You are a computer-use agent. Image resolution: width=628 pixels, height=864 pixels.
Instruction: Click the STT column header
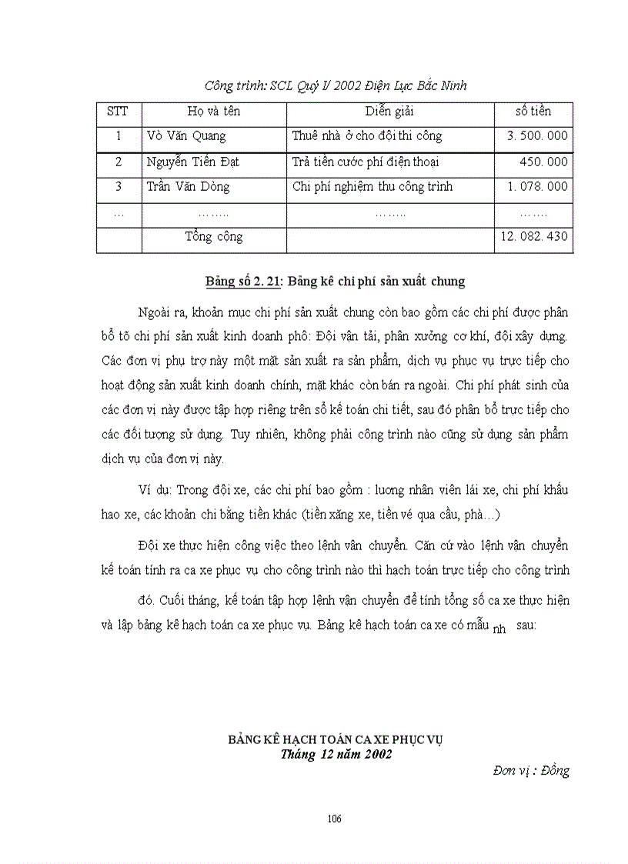(118, 112)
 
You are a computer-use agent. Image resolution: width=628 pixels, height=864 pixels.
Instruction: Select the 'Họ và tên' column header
(213, 112)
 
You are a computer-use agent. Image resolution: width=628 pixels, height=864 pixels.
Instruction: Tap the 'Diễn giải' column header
(389, 112)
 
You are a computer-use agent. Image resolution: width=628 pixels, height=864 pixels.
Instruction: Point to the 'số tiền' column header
(533, 112)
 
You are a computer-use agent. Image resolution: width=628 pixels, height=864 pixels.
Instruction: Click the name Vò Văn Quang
(186, 136)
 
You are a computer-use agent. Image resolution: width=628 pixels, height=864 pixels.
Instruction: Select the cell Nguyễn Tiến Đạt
(192, 162)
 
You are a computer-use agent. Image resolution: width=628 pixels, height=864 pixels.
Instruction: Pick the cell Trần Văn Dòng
(188, 186)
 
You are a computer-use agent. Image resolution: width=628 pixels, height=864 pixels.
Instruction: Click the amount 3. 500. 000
(537, 136)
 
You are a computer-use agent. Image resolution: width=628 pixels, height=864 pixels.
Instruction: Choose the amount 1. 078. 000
(537, 186)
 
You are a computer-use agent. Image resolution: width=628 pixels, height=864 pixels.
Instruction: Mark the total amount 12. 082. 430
(534, 237)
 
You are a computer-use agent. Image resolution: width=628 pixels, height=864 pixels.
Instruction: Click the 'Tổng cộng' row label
(213, 237)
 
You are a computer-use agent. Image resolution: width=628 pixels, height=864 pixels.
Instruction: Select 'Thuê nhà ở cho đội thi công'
(367, 136)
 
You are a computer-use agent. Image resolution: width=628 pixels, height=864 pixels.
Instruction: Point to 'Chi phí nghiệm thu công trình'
(372, 186)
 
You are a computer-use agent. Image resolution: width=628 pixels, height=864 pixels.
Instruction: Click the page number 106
(334, 818)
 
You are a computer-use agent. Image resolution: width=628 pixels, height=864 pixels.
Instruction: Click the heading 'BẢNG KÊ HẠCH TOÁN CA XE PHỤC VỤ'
(335, 739)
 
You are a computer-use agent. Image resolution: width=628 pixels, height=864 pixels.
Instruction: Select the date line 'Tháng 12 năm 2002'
(336, 754)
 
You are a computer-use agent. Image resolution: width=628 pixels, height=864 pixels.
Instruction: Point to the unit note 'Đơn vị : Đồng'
(531, 770)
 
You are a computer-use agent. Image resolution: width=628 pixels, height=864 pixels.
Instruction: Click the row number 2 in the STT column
(119, 162)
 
